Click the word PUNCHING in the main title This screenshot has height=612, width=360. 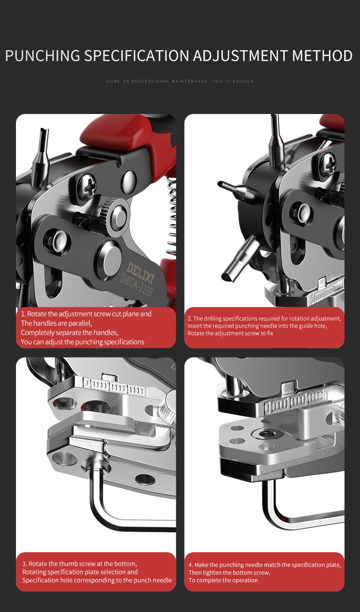(42, 56)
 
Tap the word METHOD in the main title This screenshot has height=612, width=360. (322, 56)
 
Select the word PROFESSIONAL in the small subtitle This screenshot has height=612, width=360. (150, 81)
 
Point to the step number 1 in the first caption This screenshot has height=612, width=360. (23, 314)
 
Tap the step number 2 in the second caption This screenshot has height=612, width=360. (190, 319)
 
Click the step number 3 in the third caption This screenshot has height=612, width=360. (25, 564)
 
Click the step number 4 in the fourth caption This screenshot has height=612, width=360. (190, 565)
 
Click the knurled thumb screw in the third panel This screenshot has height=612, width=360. (168, 408)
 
